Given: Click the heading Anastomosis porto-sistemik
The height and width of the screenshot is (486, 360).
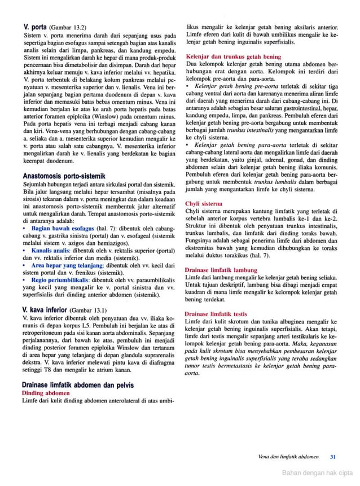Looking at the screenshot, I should click(x=62, y=176).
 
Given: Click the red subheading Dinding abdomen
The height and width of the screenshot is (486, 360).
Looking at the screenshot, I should click(x=46, y=392).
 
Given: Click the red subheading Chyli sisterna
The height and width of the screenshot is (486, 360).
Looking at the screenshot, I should click(x=204, y=203).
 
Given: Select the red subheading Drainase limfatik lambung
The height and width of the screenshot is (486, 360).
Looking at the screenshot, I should click(x=221, y=270).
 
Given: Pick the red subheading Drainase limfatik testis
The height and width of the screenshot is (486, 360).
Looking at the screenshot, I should click(x=216, y=313).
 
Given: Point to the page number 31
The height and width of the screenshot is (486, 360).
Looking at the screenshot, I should click(x=332, y=457).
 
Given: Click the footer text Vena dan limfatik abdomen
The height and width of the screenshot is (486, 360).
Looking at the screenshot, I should click(x=288, y=457).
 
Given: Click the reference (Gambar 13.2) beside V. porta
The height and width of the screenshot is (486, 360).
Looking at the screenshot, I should click(x=68, y=27).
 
